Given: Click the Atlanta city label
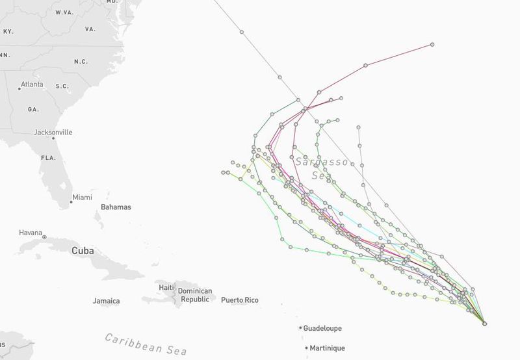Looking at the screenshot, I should (32, 84).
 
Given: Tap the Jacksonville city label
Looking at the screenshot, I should (53, 133).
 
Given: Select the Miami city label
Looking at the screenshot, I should (82, 197).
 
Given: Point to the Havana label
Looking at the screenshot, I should (30, 233).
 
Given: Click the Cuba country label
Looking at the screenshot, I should (83, 251).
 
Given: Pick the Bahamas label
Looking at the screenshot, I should (116, 207).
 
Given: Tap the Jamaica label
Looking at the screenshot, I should (106, 301).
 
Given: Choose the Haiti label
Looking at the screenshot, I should (167, 287).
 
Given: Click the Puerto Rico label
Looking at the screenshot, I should (240, 300).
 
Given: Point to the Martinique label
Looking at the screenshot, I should (327, 348).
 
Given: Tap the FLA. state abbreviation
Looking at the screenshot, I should (48, 158).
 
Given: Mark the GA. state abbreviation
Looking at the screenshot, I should (33, 110).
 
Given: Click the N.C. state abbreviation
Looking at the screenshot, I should (81, 62).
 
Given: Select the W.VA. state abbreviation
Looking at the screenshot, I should (64, 12).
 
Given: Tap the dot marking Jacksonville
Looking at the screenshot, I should (53, 138).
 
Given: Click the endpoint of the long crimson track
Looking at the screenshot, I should (432, 45).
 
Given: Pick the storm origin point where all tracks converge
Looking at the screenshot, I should (484, 322).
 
